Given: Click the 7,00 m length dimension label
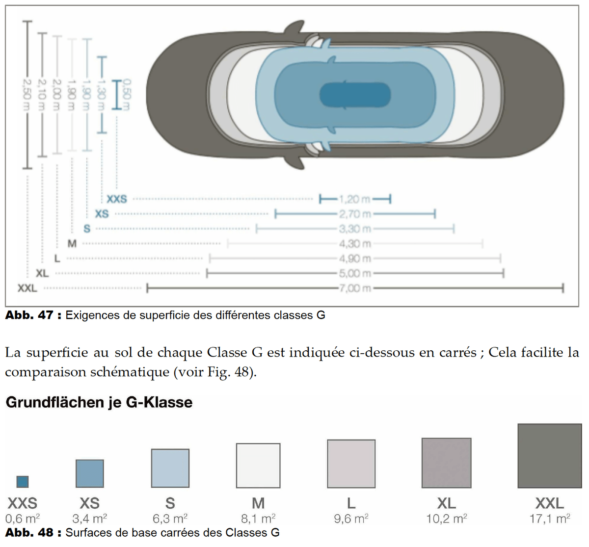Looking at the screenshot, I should click(355, 288).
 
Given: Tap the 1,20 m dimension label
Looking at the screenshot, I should click(355, 199).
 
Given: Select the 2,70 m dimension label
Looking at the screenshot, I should click(355, 214).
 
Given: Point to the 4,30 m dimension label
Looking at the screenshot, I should click(355, 244).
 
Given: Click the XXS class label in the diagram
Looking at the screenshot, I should click(117, 199).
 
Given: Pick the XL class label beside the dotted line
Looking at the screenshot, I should click(42, 273).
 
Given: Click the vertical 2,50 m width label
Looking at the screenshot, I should click(27, 96).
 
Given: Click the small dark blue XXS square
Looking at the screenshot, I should click(23, 481).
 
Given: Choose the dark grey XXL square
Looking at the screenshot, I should click(549, 456).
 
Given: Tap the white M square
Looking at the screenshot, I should click(258, 465).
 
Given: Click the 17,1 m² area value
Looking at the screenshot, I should click(549, 519).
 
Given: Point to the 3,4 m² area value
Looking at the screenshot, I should click(89, 519).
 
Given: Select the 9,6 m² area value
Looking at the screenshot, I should click(351, 519).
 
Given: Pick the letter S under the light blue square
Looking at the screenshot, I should click(170, 503).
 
